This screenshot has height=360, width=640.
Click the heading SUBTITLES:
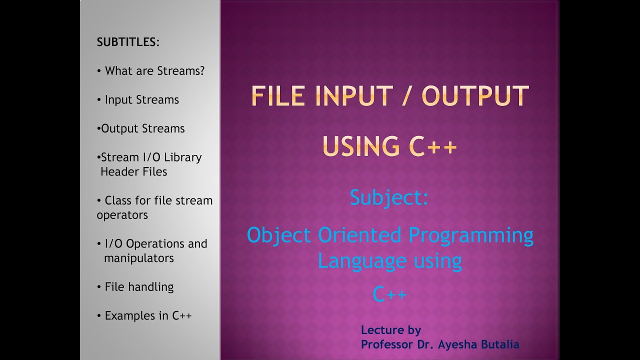128,42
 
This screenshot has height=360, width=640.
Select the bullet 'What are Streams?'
154,71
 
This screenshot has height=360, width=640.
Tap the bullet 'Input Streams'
141,100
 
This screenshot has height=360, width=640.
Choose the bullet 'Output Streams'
142,128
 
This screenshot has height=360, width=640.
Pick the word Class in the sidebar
118,200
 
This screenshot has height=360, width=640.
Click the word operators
122,215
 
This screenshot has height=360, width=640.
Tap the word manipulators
139,258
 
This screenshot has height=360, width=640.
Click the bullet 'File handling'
139,287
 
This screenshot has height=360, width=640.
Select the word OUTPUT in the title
475,96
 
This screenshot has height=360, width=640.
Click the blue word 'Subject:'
389,197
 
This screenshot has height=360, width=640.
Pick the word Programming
471,235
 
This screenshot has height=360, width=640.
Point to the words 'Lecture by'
391,330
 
